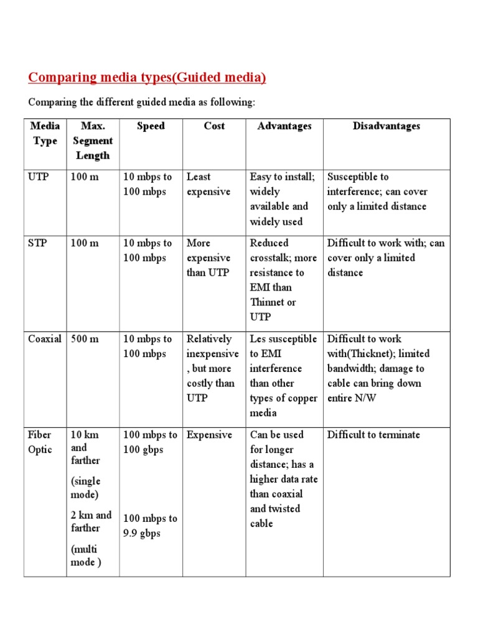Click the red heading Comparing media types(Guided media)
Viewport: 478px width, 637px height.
(x=147, y=78)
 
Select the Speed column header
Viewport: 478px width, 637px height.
(x=151, y=126)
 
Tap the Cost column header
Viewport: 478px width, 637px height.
(x=214, y=126)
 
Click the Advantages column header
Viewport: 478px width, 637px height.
(x=284, y=126)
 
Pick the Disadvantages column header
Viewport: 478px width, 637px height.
(x=386, y=126)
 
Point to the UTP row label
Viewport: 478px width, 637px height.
(x=38, y=177)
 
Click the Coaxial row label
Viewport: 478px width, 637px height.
(x=45, y=339)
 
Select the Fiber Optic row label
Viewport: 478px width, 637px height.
(x=40, y=442)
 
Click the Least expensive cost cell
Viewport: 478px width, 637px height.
(x=209, y=185)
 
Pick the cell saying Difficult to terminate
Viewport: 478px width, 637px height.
(x=373, y=435)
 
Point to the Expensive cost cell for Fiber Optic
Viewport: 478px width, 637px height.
(x=209, y=435)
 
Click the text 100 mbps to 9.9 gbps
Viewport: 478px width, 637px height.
(x=150, y=526)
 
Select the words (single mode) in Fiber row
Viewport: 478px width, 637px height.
(x=85, y=488)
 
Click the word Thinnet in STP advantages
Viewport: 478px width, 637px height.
(x=273, y=302)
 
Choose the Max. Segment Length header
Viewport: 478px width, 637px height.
(x=93, y=141)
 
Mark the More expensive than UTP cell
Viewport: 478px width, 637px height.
(x=209, y=258)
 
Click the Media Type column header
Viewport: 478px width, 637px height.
(x=45, y=133)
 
